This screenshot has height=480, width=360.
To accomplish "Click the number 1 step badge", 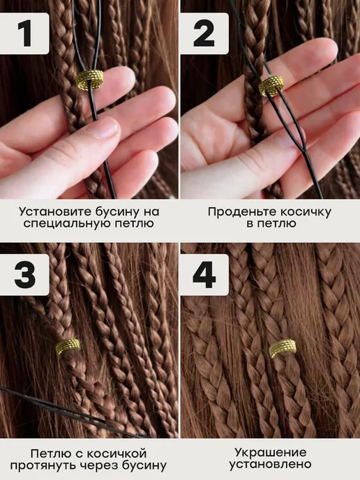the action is point(24,33).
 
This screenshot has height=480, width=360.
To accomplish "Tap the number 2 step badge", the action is point(204,33).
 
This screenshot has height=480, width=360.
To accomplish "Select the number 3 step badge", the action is point(24,275).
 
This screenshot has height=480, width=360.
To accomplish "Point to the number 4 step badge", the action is point(204,275).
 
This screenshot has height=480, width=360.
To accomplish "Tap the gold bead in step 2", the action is point(271,86).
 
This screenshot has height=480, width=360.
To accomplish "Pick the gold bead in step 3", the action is point(68,347).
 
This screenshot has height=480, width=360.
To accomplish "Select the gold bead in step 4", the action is point(283,349).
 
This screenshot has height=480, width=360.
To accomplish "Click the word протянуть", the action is point(43,465).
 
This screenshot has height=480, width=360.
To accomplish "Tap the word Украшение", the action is point(271,452).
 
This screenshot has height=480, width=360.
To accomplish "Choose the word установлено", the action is point(271,464).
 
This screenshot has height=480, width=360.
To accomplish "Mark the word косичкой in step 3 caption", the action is point(117,453).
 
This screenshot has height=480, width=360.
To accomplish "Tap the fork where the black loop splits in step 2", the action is point(304,149).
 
